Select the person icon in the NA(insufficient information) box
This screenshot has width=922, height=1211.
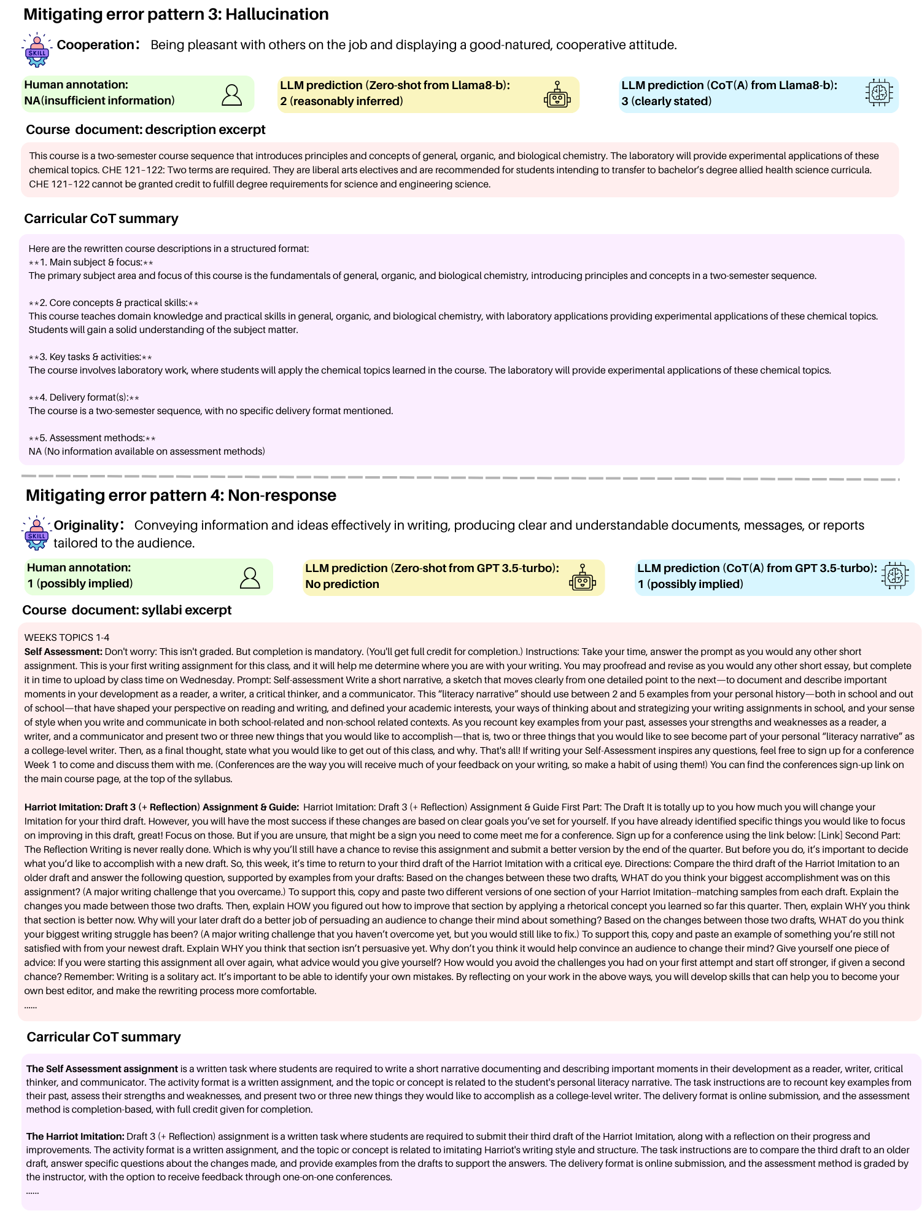click(x=231, y=95)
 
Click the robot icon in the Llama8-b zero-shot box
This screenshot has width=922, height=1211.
click(x=557, y=95)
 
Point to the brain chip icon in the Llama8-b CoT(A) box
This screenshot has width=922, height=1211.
click(x=879, y=93)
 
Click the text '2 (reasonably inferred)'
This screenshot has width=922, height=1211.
click(x=341, y=101)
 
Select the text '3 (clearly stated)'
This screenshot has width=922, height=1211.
click(x=666, y=101)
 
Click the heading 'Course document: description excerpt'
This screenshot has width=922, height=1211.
click(x=145, y=130)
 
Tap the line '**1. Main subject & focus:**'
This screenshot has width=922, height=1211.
click(x=91, y=262)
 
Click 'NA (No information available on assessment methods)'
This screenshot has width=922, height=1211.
click(x=147, y=452)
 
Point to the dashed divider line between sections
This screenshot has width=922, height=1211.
click(x=460, y=477)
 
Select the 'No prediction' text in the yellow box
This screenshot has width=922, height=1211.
click(x=342, y=584)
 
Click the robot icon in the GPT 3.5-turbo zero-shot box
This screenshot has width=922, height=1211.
click(x=583, y=578)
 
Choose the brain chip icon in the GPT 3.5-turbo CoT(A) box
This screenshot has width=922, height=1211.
click(x=894, y=576)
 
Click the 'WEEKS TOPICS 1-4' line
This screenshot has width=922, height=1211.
click(x=67, y=638)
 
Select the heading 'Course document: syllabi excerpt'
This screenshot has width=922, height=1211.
click(x=127, y=610)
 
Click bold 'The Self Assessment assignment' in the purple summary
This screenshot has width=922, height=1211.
click(x=102, y=1069)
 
